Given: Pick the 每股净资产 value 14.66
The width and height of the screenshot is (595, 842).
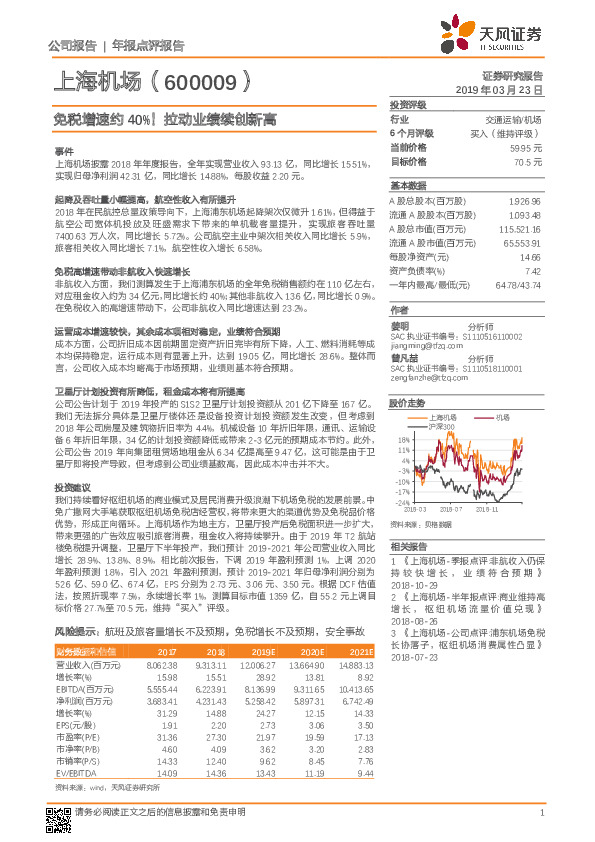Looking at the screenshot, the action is (531, 257).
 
